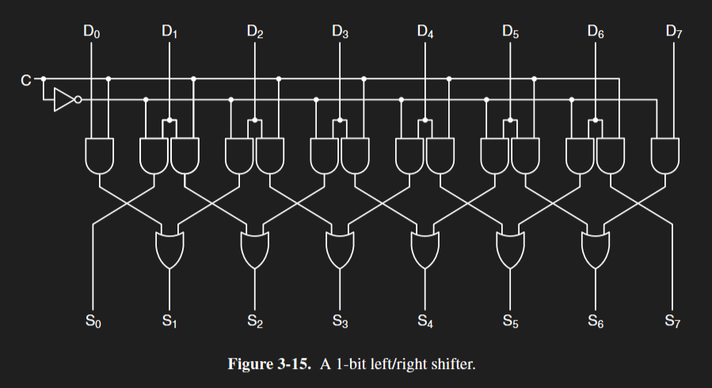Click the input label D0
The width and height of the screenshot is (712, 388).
click(x=92, y=32)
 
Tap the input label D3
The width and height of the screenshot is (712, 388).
click(x=340, y=32)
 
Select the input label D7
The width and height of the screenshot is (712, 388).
click(x=674, y=32)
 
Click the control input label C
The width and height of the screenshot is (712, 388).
click(x=26, y=79)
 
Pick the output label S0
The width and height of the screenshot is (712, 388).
click(x=92, y=321)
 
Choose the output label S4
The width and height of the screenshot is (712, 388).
click(x=425, y=321)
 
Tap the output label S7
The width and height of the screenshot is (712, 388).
click(x=674, y=321)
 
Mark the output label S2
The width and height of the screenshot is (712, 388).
click(x=254, y=321)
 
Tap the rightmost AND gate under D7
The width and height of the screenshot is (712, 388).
click(x=665, y=154)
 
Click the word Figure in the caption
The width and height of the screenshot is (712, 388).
click(x=251, y=364)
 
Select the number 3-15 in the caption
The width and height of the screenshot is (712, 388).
click(x=296, y=364)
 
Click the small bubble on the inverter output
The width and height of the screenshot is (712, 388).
click(x=78, y=100)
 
